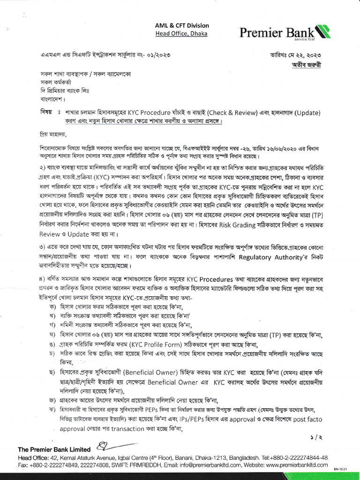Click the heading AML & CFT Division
(182, 25)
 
